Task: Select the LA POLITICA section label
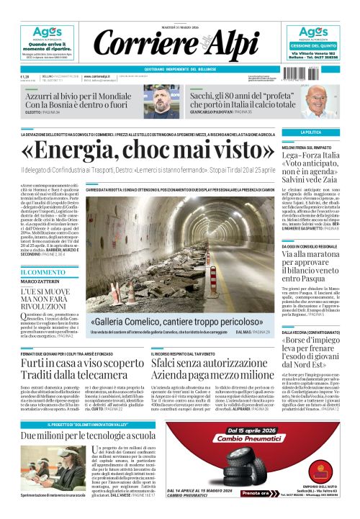coord(312,132)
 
